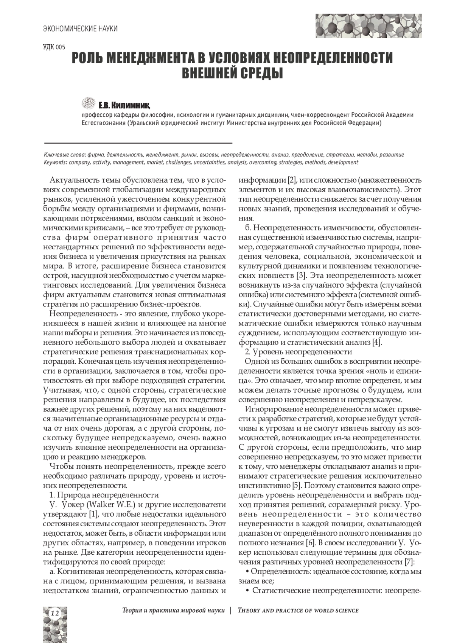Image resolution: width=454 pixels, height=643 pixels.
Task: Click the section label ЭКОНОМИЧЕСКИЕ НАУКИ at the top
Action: click(x=80, y=28)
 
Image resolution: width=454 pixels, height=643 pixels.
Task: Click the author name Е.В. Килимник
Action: click(x=124, y=105)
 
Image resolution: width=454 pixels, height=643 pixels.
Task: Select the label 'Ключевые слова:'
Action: click(x=65, y=155)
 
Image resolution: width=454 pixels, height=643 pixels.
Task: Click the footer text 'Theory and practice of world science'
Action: click(x=298, y=610)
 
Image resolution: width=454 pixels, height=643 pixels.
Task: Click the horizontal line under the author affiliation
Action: click(x=138, y=143)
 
